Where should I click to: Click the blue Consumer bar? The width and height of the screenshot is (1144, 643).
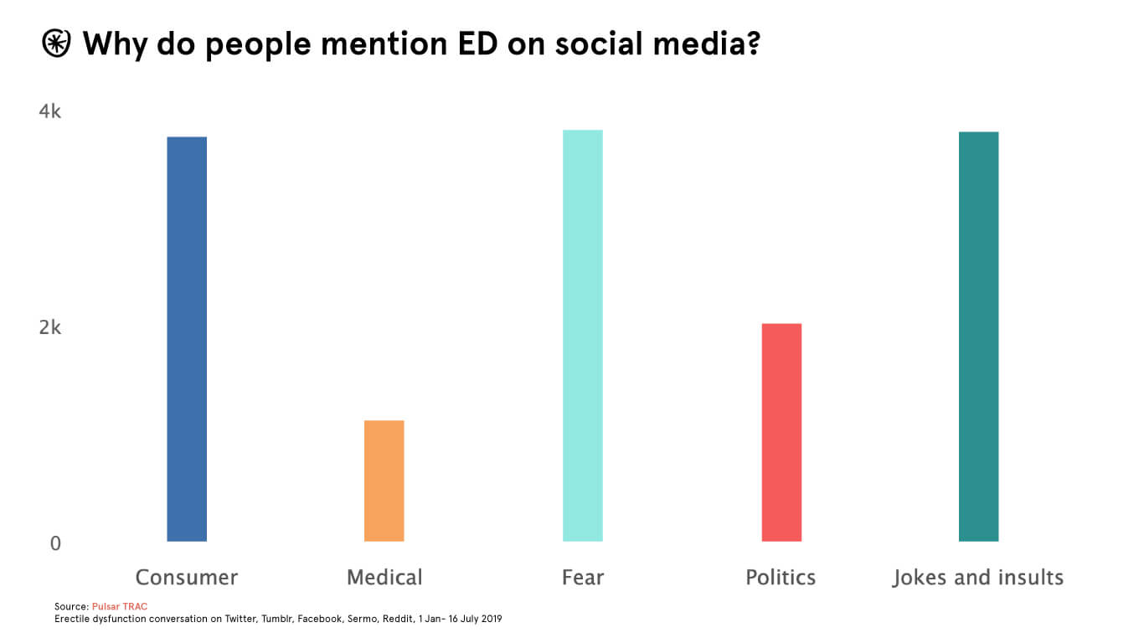click(187, 339)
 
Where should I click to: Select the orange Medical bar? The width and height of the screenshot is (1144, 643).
click(384, 481)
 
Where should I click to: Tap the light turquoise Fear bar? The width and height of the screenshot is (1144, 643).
click(582, 336)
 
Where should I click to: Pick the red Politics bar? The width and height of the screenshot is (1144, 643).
click(781, 432)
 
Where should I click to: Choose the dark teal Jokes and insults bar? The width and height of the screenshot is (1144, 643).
click(978, 337)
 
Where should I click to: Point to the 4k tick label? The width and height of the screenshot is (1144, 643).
click(50, 111)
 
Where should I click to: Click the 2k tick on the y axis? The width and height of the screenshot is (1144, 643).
click(50, 327)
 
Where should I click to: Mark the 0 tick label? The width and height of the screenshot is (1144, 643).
click(55, 543)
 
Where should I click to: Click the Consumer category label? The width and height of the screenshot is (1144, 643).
click(187, 578)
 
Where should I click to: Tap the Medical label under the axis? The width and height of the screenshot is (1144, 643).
click(384, 578)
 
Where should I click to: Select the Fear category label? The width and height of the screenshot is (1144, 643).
click(583, 578)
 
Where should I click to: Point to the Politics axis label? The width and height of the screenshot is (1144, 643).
click(781, 578)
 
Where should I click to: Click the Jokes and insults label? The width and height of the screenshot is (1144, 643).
click(978, 578)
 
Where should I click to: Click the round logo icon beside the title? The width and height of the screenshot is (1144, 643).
click(57, 44)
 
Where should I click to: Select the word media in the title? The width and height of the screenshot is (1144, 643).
click(703, 44)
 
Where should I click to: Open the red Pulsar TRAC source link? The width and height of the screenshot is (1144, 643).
click(120, 605)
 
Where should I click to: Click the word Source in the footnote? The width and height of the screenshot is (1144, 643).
click(70, 605)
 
